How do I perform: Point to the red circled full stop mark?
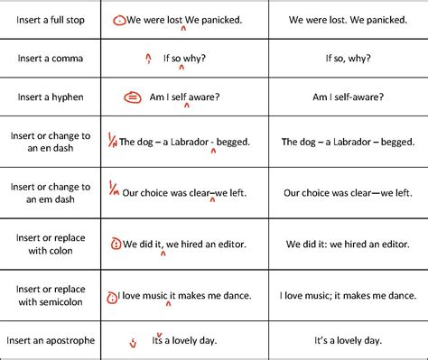pos(118,19)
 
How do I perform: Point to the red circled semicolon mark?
pos(112,294)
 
